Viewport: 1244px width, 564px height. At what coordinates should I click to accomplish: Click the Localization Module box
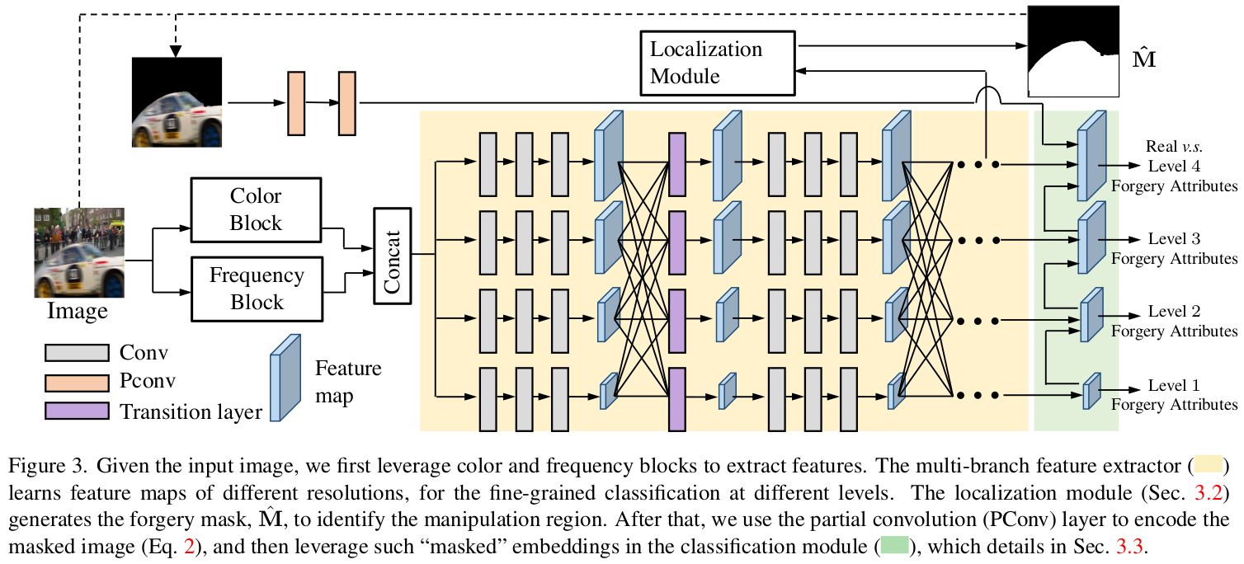717,62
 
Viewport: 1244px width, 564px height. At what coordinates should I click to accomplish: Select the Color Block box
257,209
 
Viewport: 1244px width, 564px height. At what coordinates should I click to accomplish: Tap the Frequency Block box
257,288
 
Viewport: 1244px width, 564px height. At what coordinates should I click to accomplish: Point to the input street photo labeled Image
79,251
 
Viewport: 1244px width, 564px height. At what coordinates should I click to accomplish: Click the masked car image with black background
177,102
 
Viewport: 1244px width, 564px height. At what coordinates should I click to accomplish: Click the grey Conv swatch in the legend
77,353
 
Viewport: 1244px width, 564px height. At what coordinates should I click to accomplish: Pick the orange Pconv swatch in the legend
77,383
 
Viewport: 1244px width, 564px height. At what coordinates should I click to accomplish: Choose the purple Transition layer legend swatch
77,411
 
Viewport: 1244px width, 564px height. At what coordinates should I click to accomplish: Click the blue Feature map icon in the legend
285,378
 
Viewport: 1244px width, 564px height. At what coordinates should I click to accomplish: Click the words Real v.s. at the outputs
1173,148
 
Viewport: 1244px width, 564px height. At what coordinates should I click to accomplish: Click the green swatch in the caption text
894,545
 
